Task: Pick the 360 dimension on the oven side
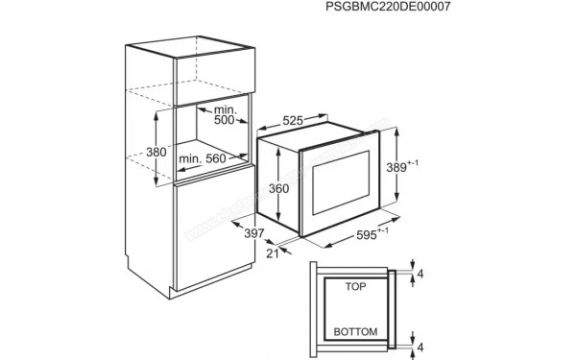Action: click(277, 190)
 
